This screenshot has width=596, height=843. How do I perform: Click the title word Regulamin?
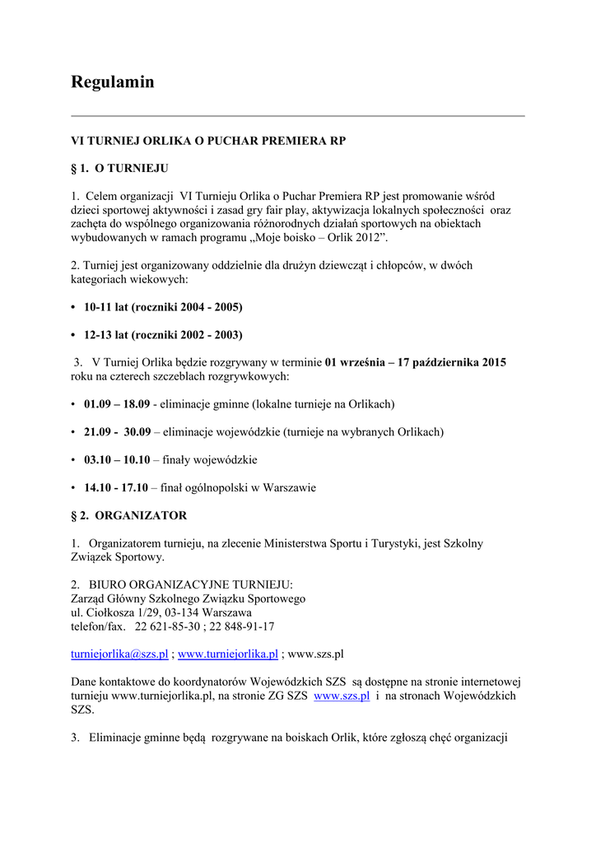112,82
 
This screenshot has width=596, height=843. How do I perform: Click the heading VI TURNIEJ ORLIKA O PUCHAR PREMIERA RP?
208,141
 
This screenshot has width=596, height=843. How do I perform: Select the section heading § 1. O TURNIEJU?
119,168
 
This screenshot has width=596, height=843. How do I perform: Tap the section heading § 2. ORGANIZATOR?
128,515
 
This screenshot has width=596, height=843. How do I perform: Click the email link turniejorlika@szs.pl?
119,654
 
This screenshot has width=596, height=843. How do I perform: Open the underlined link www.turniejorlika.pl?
228,654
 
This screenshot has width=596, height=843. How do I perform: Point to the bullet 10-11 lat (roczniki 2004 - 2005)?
163,307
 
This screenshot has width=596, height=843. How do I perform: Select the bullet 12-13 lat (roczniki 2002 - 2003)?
163,335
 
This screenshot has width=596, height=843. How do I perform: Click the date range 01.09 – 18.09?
116,404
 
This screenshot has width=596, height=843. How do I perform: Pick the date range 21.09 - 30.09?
117,432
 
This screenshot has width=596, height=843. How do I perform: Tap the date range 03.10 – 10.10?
116,460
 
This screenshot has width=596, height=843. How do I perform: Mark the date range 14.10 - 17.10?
115,488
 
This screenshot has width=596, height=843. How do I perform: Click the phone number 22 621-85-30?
167,626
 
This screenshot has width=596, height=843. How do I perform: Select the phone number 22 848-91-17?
240,626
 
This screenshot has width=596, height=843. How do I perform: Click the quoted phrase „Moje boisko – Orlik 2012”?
317,238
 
